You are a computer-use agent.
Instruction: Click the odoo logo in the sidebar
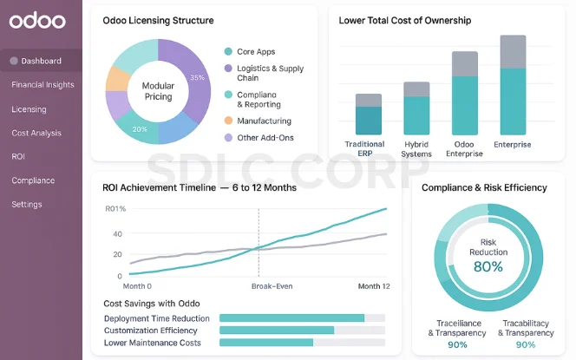[x=37, y=20]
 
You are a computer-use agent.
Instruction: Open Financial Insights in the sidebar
[x=43, y=85]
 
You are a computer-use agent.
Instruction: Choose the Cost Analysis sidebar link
[x=36, y=133]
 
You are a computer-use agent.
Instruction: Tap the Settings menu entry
[x=27, y=205]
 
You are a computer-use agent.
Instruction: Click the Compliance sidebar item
[x=33, y=180]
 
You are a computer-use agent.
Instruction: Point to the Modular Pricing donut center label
[x=157, y=91]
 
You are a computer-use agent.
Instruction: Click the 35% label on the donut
[x=198, y=78]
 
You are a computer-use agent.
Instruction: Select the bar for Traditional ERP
[x=369, y=114]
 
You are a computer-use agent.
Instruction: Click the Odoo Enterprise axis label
[x=464, y=149]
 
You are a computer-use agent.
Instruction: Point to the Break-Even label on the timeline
[x=270, y=286]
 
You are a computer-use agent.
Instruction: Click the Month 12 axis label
[x=374, y=286]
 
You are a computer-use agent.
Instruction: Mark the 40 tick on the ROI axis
[x=117, y=234]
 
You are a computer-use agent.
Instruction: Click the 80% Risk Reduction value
[x=488, y=266]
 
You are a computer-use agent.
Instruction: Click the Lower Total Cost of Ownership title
[x=405, y=20]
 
